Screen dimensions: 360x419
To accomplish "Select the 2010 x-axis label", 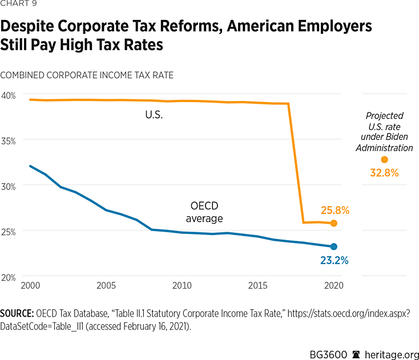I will pyautogui.click(x=182, y=285).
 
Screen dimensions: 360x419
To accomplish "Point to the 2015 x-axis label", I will pyautogui.click(x=258, y=285).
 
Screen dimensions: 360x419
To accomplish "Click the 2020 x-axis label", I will pyautogui.click(x=334, y=285).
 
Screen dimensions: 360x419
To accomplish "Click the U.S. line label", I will pyautogui.click(x=154, y=115).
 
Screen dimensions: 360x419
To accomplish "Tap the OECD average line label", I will pyautogui.click(x=204, y=212).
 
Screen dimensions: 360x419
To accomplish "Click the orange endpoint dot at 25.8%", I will pyautogui.click(x=334, y=223).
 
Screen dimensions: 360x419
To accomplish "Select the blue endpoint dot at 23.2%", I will pyautogui.click(x=334, y=246).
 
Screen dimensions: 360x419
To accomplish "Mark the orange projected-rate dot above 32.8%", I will pyautogui.click(x=384, y=160).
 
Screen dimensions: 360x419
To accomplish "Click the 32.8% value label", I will pyautogui.click(x=384, y=173).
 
